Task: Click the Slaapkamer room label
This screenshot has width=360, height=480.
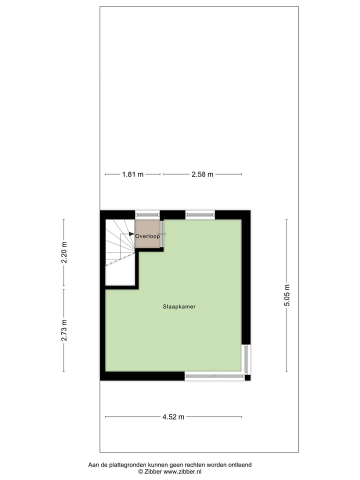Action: pyautogui.click(x=178, y=306)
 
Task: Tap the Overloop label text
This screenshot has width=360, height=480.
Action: pyautogui.click(x=147, y=236)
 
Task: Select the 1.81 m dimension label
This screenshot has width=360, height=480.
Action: pyautogui.click(x=132, y=174)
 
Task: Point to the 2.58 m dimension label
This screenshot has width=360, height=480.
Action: pyautogui.click(x=202, y=174)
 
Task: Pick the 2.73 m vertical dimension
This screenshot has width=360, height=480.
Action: pyautogui.click(x=64, y=330)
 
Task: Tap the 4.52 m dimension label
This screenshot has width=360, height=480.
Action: pyautogui.click(x=173, y=417)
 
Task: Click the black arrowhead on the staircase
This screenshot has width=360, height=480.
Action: pyautogui.click(x=131, y=234)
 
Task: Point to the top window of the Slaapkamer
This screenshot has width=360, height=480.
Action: pyautogui.click(x=200, y=214)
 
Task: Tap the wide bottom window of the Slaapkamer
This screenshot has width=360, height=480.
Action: pyautogui.click(x=214, y=376)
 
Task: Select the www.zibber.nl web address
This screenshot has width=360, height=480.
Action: pyautogui.click(x=182, y=471)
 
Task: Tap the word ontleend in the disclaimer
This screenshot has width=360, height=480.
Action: pyautogui.click(x=239, y=464)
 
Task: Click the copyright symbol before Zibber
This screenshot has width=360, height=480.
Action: pyautogui.click(x=141, y=471)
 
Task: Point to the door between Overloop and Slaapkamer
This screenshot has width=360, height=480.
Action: pyautogui.click(x=161, y=233)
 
